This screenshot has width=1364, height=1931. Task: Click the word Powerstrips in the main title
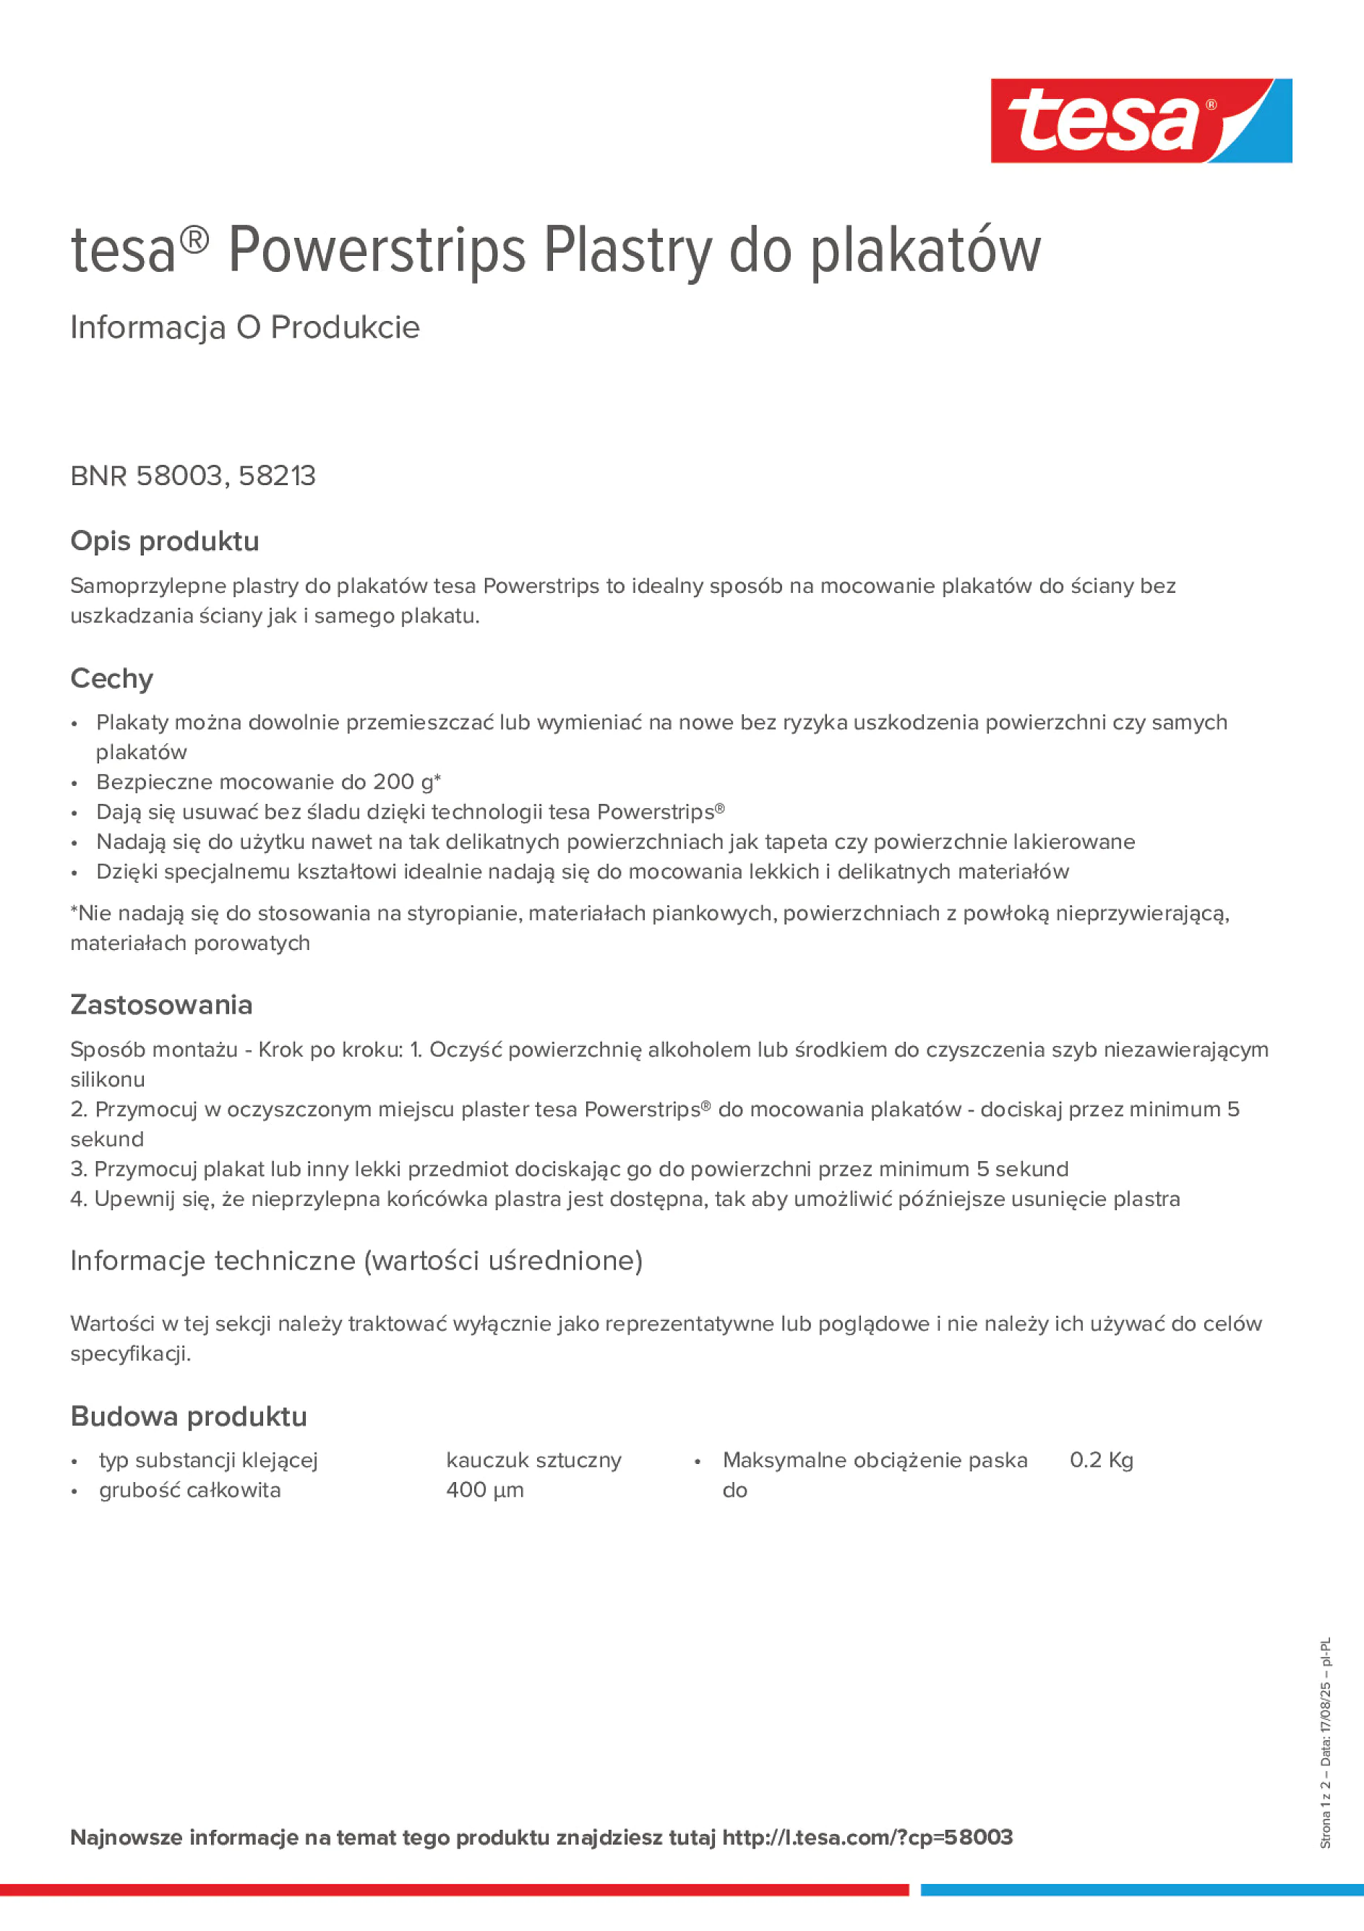pyautogui.click(x=376, y=251)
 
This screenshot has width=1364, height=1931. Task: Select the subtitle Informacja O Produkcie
pyautogui.click(x=245, y=327)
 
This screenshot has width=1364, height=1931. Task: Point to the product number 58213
pyautogui.click(x=277, y=476)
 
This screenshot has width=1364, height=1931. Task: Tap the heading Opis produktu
pyautogui.click(x=165, y=541)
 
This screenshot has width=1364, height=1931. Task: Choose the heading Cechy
pyautogui.click(x=112, y=679)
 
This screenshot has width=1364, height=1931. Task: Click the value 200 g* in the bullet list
pyautogui.click(x=406, y=782)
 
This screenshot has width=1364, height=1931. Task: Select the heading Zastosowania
pyautogui.click(x=161, y=1005)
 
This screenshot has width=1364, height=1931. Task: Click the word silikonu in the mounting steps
pyautogui.click(x=108, y=1079)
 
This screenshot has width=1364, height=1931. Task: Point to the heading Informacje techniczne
pyautogui.click(x=356, y=1261)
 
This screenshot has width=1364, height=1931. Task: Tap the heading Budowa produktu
pyautogui.click(x=189, y=1417)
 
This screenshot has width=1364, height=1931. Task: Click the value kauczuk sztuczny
pyautogui.click(x=534, y=1460)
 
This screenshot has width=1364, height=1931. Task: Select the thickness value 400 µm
pyautogui.click(x=485, y=1490)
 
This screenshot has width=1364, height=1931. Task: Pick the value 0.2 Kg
pyautogui.click(x=1102, y=1460)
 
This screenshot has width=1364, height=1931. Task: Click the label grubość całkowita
pyautogui.click(x=190, y=1490)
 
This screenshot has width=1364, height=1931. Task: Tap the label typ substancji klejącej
pyautogui.click(x=209, y=1460)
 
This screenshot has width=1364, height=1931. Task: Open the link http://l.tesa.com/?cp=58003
pyautogui.click(x=867, y=1838)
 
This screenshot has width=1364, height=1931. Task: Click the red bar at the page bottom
pyautogui.click(x=454, y=1890)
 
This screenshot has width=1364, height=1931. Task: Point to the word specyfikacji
pyautogui.click(x=130, y=1354)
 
